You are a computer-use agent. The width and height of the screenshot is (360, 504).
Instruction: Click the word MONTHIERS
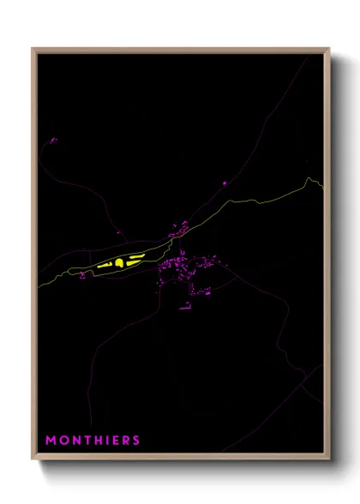coord(93,441)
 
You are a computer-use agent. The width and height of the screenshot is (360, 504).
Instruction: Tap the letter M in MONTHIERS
coord(51,441)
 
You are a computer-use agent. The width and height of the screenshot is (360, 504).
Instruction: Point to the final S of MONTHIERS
coord(136,441)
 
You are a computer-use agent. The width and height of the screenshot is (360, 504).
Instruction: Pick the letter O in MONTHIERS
coord(62,441)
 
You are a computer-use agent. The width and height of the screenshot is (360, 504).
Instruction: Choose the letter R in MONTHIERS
coord(125,441)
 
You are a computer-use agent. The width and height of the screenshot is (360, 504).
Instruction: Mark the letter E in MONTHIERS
coord(114,441)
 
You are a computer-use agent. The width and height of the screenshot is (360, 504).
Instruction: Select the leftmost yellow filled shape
coord(105,265)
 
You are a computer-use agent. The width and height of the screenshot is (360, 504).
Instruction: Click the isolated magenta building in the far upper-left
coord(53,140)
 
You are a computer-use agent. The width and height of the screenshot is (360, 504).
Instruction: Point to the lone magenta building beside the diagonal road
coord(224,183)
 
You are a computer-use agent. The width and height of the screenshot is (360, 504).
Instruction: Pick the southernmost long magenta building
coord(184,306)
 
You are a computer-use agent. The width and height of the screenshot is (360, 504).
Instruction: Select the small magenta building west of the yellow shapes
coord(82,275)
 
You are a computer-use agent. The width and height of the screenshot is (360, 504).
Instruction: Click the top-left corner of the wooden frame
coord(33,49)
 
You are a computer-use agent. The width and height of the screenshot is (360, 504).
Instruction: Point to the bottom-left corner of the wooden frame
coord(33,460)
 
